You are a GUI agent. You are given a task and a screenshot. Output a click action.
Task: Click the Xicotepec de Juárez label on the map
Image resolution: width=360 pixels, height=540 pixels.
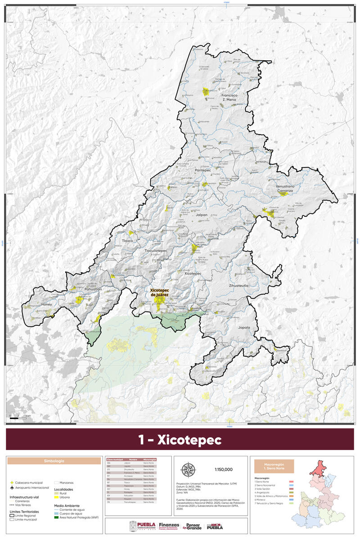tap(159, 292)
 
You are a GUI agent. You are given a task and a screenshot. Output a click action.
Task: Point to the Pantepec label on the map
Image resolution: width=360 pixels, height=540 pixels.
tap(202, 171)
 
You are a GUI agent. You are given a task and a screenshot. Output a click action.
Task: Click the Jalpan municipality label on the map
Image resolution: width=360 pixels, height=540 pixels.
tap(202, 215)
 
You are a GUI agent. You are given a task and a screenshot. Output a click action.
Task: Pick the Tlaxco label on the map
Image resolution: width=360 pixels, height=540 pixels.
tap(128, 241)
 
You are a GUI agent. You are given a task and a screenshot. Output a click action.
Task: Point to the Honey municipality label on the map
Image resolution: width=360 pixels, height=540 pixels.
tap(47, 305)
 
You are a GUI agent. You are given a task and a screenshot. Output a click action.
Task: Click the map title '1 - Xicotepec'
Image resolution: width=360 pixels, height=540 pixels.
tap(180, 440)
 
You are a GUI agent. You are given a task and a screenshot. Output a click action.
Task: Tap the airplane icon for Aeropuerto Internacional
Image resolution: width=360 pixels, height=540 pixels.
tap(12, 487)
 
